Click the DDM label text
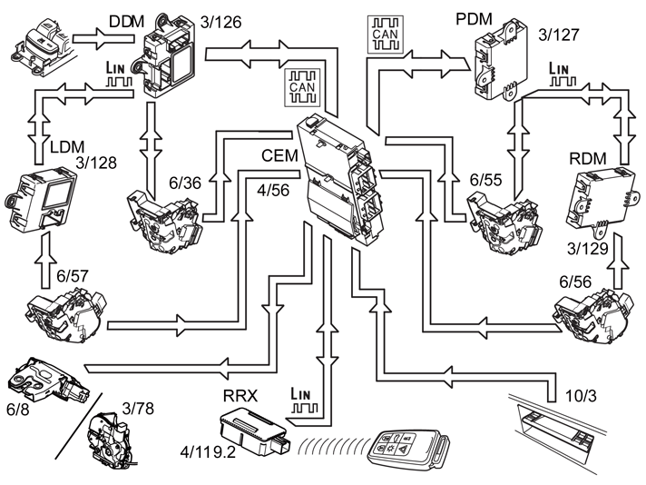[126, 22]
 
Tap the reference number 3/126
[220, 23]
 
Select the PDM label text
[474, 19]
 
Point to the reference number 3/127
[559, 35]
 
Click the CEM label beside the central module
[279, 156]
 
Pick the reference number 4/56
[273, 190]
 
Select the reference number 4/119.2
[208, 452]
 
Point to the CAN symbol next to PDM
[386, 35]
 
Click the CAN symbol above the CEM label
[302, 87]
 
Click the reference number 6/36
[185, 183]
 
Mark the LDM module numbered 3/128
[40, 199]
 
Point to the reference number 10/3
[581, 396]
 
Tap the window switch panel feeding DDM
[42, 49]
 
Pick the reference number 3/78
[138, 409]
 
